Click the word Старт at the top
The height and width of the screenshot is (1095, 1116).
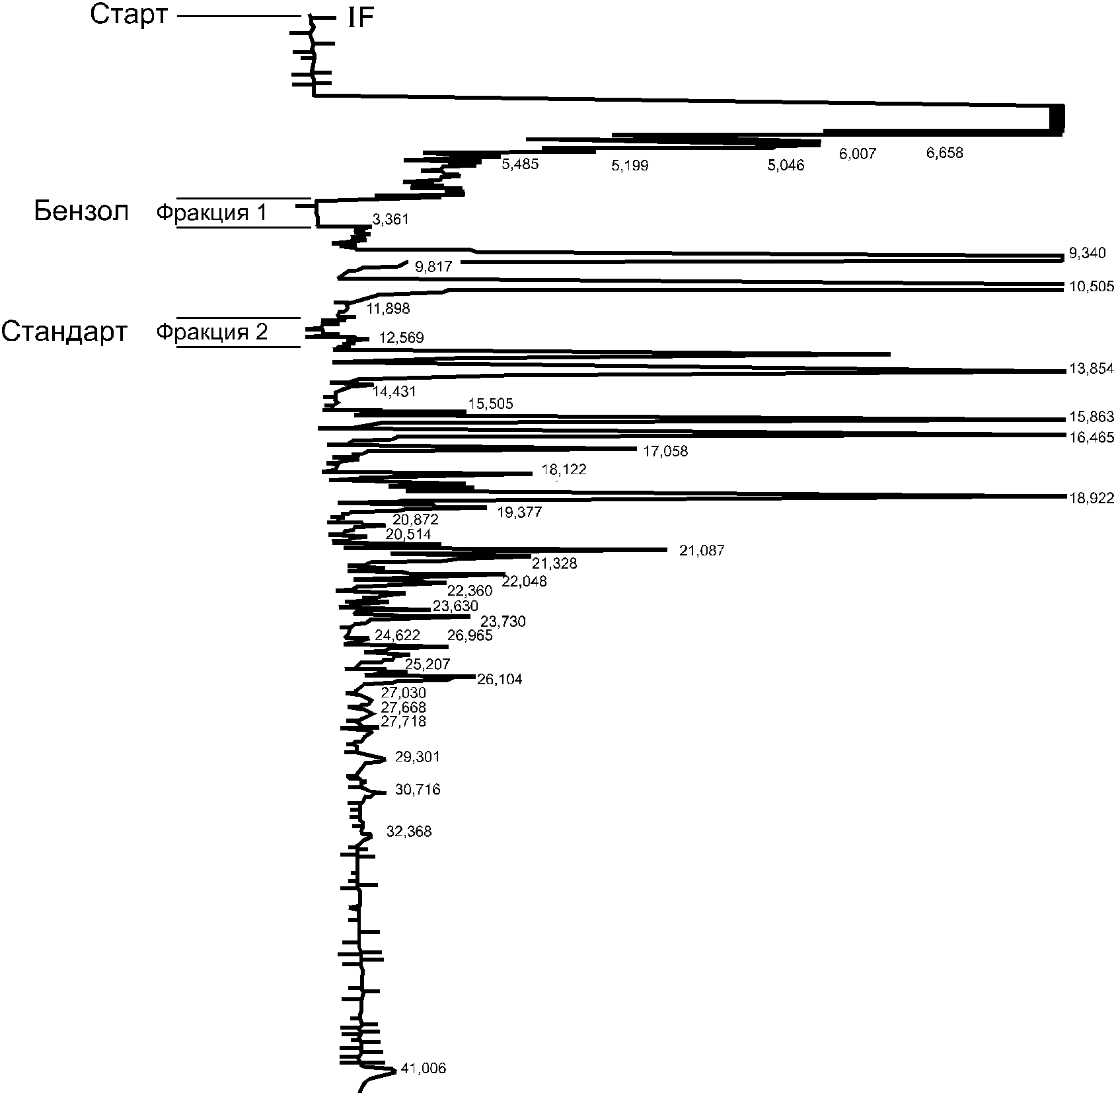129,15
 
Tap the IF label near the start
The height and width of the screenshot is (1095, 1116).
361,20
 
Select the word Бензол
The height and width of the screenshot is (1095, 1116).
81,212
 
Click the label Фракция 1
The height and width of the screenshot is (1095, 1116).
212,213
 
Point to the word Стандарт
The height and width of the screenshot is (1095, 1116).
64,332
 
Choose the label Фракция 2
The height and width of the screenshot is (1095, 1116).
212,332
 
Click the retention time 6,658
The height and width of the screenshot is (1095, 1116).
945,153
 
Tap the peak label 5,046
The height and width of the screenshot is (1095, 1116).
786,166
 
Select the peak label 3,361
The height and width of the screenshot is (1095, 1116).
391,219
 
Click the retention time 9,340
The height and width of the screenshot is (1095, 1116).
1087,253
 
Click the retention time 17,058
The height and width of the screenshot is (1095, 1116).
665,452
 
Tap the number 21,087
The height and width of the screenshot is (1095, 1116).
702,550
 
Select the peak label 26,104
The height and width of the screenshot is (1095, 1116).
500,680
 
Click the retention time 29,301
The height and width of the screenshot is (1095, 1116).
417,757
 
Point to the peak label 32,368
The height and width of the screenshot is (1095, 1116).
409,831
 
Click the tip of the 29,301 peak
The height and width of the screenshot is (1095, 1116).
385,759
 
